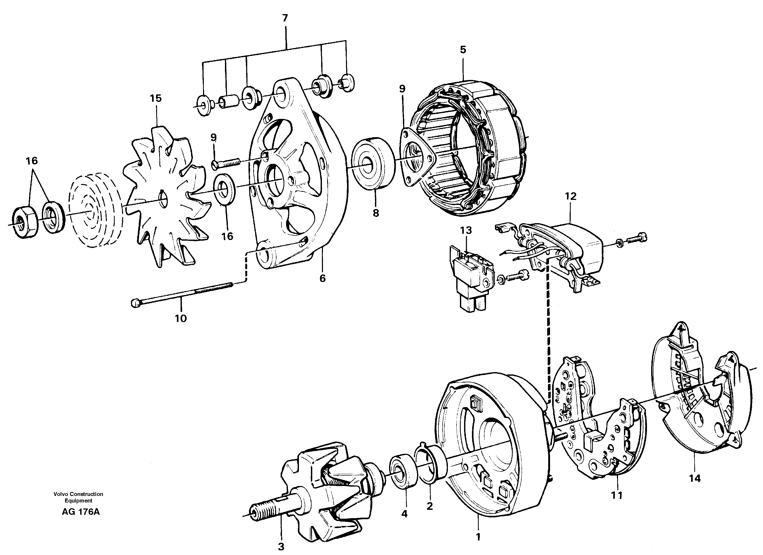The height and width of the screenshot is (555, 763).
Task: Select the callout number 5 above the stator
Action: tap(463, 50)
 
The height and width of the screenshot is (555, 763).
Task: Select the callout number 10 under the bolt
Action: tap(181, 318)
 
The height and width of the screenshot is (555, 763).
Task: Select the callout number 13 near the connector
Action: tap(466, 230)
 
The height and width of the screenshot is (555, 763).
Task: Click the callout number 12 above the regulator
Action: tap(571, 196)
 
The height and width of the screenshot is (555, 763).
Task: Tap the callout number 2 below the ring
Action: tap(430, 506)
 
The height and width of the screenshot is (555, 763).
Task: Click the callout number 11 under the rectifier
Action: tap(617, 495)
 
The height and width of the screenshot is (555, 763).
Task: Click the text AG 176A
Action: tap(81, 512)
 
